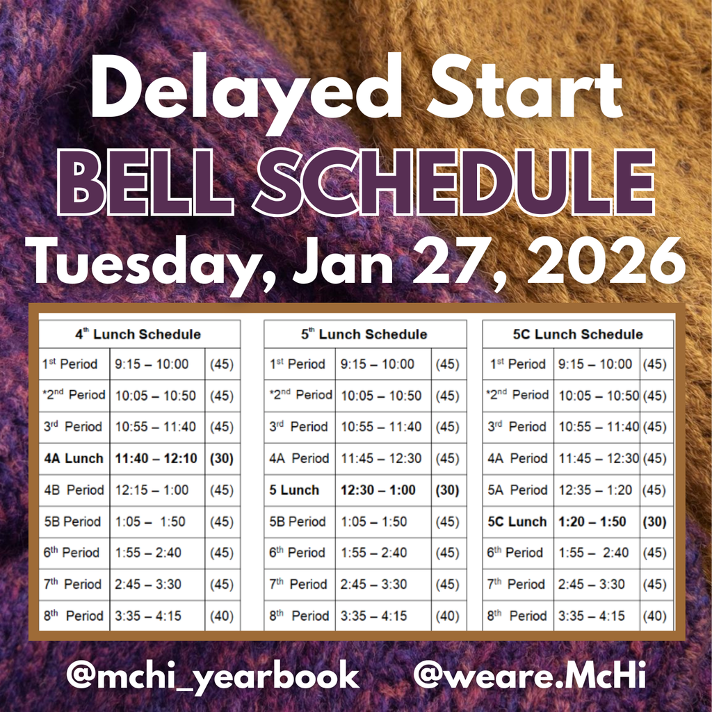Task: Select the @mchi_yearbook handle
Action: tap(213, 675)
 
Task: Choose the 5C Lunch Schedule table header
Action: tap(578, 334)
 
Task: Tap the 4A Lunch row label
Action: tap(74, 458)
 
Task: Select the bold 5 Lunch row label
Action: tap(294, 490)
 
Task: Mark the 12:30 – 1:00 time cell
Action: tap(378, 490)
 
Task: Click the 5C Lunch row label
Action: tap(517, 521)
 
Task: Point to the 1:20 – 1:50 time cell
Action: tap(592, 521)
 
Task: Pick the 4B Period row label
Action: tap(74, 490)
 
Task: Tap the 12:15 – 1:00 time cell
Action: tap(152, 490)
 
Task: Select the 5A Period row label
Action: tap(517, 490)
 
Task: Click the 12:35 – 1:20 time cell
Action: tap(596, 490)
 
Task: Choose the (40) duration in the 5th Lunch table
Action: tap(447, 616)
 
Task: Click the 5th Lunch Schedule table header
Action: tap(364, 334)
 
